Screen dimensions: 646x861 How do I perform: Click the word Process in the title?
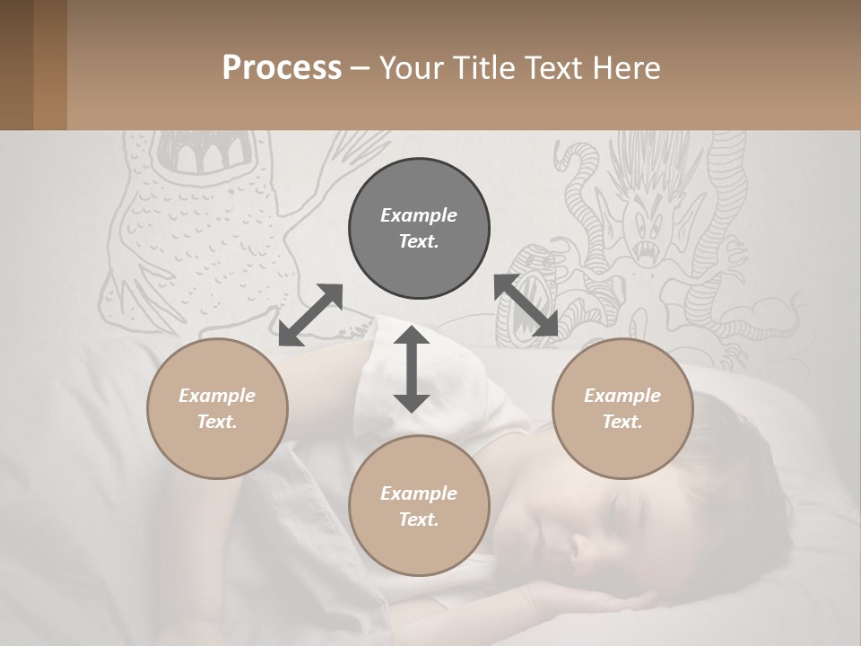point(282,67)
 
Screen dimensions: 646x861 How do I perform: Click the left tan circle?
point(217,408)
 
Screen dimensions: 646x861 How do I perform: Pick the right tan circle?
point(622,408)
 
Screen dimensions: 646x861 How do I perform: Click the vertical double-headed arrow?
point(412,369)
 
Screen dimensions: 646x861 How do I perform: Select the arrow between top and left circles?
point(310,315)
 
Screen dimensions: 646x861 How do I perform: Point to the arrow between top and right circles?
point(526,305)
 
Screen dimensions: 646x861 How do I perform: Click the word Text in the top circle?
point(418,241)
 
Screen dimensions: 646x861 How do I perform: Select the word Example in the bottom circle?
point(419,493)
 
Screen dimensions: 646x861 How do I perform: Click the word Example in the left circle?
point(217,396)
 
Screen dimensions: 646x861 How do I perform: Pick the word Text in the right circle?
point(622,422)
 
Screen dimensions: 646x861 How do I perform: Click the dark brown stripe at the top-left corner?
point(16,65)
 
